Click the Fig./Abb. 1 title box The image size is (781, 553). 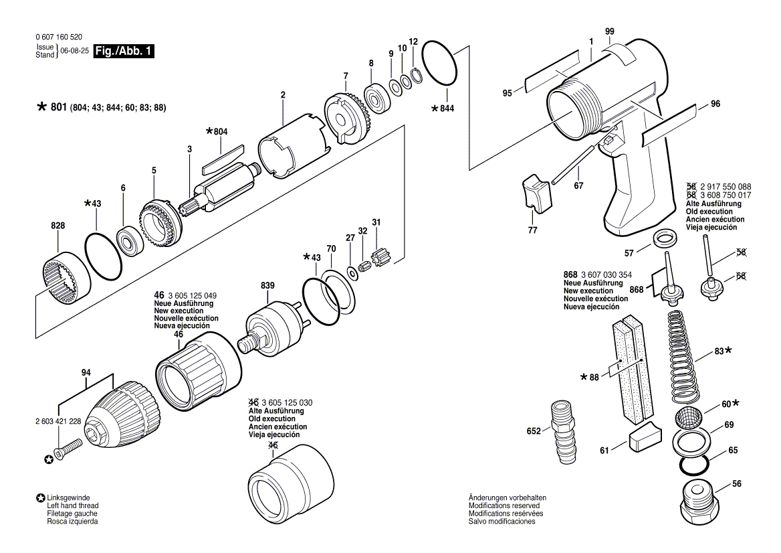click(x=124, y=51)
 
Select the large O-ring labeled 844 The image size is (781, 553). click(x=441, y=63)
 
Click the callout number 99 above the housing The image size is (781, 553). click(x=609, y=31)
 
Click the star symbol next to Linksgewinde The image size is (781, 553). click(x=41, y=499)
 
